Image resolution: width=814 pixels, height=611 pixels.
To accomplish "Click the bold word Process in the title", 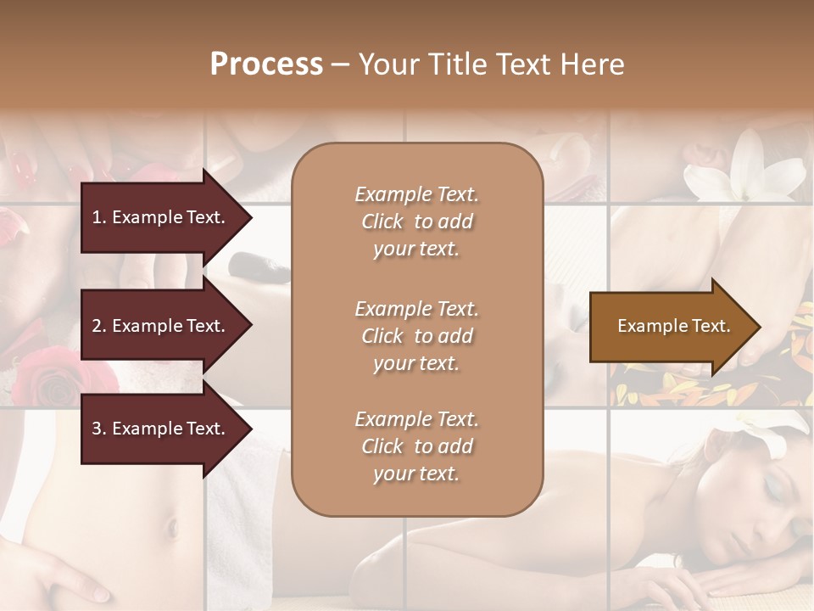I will (266, 64).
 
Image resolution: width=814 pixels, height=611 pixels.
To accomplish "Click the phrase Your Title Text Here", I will (491, 64).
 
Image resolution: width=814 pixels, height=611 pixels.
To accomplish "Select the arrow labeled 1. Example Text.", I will (161, 217).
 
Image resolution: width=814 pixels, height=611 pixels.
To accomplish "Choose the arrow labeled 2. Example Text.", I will (161, 326).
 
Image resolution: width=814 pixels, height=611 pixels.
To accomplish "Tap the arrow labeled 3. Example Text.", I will (161, 429).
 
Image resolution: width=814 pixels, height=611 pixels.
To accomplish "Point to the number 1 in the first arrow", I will (97, 217).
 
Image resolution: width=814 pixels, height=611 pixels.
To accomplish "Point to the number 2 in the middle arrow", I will (97, 326).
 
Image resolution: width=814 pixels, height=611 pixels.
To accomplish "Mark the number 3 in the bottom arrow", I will (97, 429).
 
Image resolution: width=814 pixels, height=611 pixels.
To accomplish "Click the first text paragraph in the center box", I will (416, 221).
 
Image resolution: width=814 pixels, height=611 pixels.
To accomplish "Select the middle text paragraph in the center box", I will (416, 336).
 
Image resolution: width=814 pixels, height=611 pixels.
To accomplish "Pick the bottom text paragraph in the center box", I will (416, 446).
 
